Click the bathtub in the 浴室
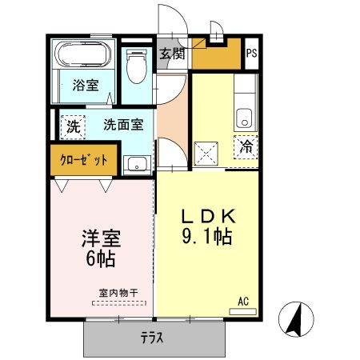[x=83, y=54]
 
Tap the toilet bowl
[x=137, y=66]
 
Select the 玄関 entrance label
[x=172, y=54]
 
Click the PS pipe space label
[x=251, y=53]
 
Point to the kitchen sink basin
[x=244, y=118]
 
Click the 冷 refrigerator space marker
[x=246, y=147]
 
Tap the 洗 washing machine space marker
[x=73, y=127]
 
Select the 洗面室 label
[x=123, y=125]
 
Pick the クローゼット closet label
[x=83, y=160]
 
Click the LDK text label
[x=209, y=216]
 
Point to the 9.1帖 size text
[x=207, y=237]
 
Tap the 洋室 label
[x=102, y=238]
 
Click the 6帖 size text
[x=101, y=258]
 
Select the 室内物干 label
[x=118, y=293]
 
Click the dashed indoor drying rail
[x=119, y=303]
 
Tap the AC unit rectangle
[x=243, y=311]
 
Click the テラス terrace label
[x=152, y=338]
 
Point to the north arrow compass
[x=296, y=319]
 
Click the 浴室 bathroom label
[x=86, y=85]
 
